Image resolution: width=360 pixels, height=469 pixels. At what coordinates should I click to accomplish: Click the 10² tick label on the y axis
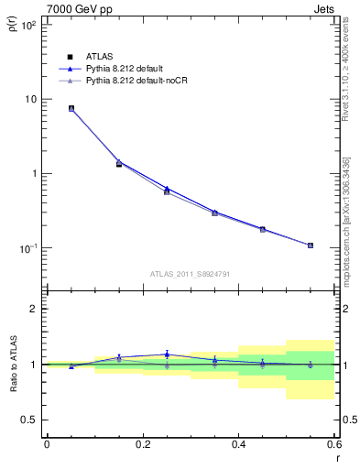pyautogui.click(x=27, y=26)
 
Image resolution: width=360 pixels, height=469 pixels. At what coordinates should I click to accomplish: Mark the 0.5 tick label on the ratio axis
pyautogui.click(x=29, y=420)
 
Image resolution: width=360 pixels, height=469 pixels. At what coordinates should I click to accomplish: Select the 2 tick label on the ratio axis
pyautogui.click(x=34, y=309)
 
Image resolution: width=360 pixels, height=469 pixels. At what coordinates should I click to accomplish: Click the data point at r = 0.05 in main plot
pyautogui.click(x=71, y=108)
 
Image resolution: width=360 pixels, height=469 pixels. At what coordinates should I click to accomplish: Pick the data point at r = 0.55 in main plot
pyautogui.click(x=310, y=245)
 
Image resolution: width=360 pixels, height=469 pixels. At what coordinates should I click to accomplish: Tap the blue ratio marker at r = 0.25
pyautogui.click(x=167, y=354)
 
